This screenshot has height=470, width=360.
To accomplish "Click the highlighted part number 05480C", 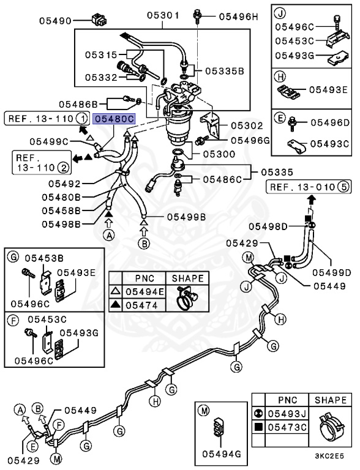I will click(x=113, y=119).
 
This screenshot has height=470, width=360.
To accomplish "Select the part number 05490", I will click(x=56, y=20).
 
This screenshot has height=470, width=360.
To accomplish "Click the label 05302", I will click(x=246, y=125).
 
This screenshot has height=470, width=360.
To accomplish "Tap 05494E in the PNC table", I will click(x=144, y=291).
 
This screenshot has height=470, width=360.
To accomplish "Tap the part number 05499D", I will click(x=331, y=272).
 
